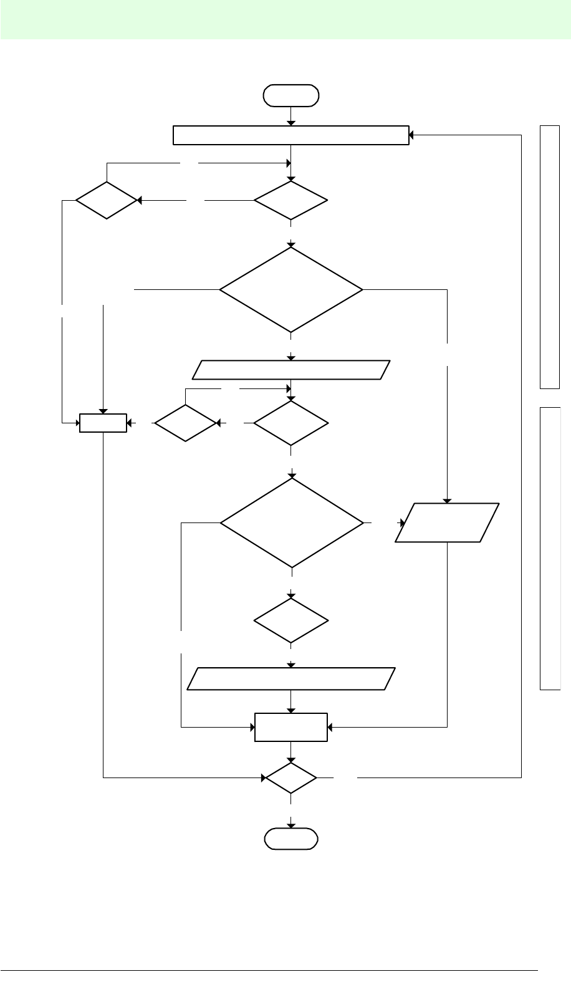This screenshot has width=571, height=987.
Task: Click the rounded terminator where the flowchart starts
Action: [x=291, y=95]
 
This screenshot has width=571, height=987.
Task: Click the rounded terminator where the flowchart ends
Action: [x=291, y=839]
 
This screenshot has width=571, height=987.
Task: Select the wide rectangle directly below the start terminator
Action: [x=290, y=135]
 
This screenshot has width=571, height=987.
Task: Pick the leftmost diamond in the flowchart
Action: [x=107, y=201]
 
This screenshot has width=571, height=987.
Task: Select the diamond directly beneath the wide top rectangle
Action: [x=290, y=201]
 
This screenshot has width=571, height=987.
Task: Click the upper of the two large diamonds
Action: [x=290, y=290]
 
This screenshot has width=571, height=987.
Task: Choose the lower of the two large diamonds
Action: [x=291, y=522]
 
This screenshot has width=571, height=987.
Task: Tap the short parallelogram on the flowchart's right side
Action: [x=447, y=522]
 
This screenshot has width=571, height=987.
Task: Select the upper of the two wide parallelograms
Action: [x=291, y=370]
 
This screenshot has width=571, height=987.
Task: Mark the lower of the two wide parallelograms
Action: [x=291, y=678]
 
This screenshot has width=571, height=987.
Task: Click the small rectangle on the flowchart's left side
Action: [x=103, y=423]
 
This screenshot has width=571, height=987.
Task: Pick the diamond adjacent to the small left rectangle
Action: [x=186, y=423]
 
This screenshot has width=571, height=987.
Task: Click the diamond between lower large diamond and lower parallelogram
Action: [x=291, y=620]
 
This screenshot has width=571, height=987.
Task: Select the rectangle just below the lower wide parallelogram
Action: [x=291, y=727]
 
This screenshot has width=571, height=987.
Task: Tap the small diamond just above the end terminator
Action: [x=291, y=778]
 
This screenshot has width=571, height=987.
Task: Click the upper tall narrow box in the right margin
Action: [x=549, y=256]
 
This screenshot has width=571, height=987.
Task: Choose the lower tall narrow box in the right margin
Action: [x=549, y=548]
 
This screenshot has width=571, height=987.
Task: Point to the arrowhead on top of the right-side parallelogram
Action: [x=447, y=499]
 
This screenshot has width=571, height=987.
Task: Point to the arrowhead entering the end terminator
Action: [x=291, y=826]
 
